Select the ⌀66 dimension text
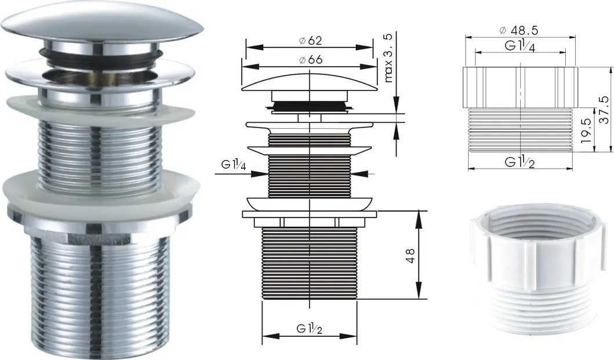(x=311, y=60)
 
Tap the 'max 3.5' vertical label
(x=388, y=57)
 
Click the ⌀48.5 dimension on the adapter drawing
(x=519, y=30)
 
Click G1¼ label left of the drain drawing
(x=234, y=165)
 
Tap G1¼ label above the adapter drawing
(x=519, y=46)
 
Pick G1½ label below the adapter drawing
(x=519, y=162)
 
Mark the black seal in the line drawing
(x=309, y=106)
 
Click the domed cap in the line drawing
(x=310, y=81)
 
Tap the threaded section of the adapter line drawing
(x=521, y=129)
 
